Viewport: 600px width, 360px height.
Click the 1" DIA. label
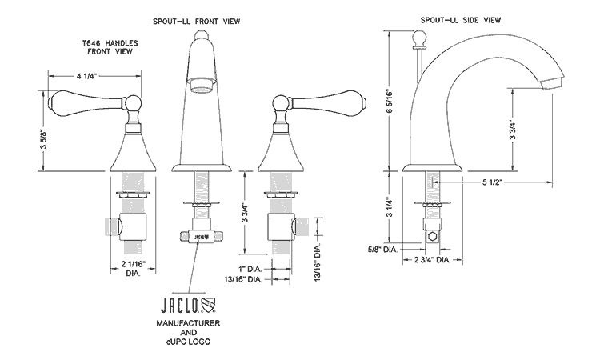point(248,267)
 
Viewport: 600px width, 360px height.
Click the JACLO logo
point(187,304)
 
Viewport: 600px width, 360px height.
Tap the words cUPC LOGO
point(187,343)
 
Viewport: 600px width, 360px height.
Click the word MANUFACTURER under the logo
point(187,322)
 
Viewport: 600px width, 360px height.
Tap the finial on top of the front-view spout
point(203,37)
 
